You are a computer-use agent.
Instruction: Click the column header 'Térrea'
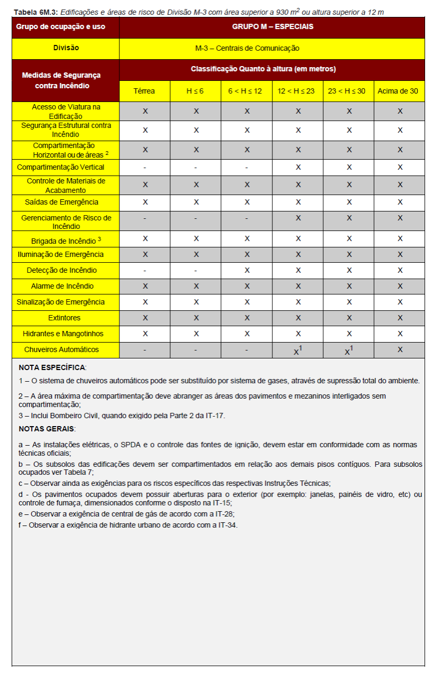[x=144, y=91]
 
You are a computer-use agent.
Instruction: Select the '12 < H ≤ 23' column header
[x=296, y=91]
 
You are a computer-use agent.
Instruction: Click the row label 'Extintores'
[x=66, y=318]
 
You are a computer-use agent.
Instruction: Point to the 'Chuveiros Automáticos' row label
[x=66, y=349]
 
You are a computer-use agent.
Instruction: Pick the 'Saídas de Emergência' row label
[x=66, y=202]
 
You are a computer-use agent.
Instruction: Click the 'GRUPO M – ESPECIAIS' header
[x=272, y=26]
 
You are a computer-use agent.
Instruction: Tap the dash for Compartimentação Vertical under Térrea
[x=144, y=167]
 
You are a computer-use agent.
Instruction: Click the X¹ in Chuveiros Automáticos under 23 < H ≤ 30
[x=348, y=351]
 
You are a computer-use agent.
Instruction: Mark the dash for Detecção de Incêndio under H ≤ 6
[x=196, y=271]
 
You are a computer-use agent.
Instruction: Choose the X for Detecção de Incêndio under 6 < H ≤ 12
[x=247, y=271]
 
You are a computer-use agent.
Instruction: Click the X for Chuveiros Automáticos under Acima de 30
[x=400, y=349]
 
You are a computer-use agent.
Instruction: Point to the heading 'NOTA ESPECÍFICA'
[x=52, y=367]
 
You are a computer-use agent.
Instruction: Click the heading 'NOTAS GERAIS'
[x=47, y=429]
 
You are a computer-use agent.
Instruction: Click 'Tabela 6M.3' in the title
[x=35, y=12]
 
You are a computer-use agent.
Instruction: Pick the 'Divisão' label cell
[x=66, y=48]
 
